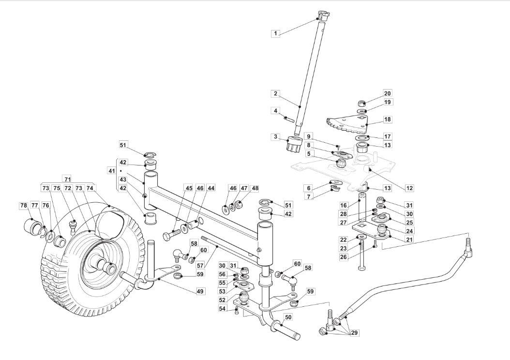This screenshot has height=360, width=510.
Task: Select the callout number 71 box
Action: click(x=67, y=179)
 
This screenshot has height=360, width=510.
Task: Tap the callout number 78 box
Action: click(x=23, y=206)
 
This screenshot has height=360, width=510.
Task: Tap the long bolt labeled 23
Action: click(x=360, y=256)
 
